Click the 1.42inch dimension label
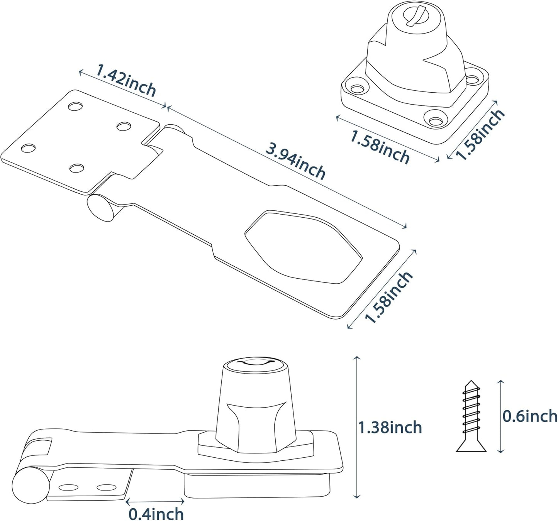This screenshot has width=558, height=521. click(126, 81)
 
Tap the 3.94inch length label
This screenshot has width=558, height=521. click(295, 162)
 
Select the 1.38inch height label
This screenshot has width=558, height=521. click(390, 428)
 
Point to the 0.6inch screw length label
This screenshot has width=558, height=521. click(530, 416)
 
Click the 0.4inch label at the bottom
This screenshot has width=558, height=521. click(156, 514)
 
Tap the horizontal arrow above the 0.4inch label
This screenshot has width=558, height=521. click(155, 502)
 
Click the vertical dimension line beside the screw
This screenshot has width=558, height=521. click(501, 416)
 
